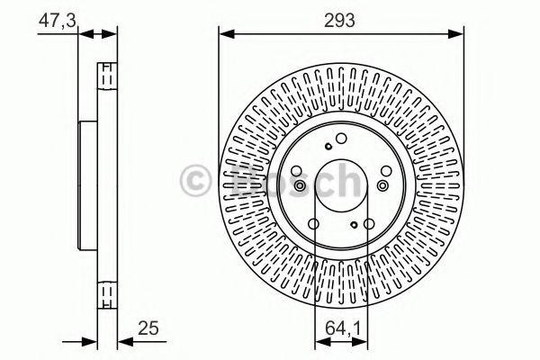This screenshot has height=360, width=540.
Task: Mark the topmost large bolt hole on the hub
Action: (341, 138)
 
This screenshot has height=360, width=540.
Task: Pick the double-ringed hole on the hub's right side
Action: (383, 185)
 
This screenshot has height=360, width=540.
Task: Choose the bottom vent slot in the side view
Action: (106, 292)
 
